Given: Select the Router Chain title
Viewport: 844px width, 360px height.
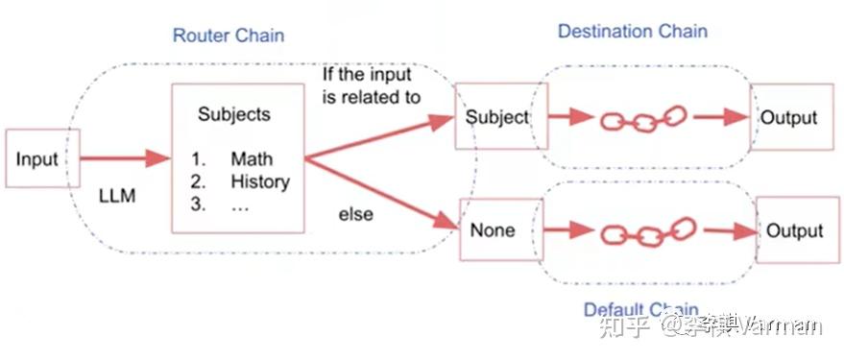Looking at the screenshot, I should click(x=228, y=36).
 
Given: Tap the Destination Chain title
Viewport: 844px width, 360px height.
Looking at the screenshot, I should click(x=632, y=32).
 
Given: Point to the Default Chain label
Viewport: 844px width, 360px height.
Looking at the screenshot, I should click(x=640, y=310).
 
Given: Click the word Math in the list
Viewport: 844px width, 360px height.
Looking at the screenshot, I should click(x=251, y=159).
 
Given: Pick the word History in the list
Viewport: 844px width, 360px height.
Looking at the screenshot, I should click(x=259, y=181).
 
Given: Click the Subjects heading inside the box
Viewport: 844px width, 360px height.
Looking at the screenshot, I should click(x=233, y=114).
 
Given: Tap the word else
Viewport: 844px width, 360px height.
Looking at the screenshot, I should click(x=355, y=214).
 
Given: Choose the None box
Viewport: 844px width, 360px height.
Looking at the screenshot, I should click(x=493, y=230).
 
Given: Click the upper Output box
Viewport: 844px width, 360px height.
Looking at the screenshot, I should click(x=788, y=118).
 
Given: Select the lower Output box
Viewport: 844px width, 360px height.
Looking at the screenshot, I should click(x=794, y=231).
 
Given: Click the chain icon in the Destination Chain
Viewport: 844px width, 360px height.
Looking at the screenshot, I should click(x=641, y=120).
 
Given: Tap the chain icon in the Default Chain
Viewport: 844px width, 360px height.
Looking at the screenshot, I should click(x=646, y=232).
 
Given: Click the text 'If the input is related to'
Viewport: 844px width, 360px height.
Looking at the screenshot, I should click(x=370, y=85).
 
